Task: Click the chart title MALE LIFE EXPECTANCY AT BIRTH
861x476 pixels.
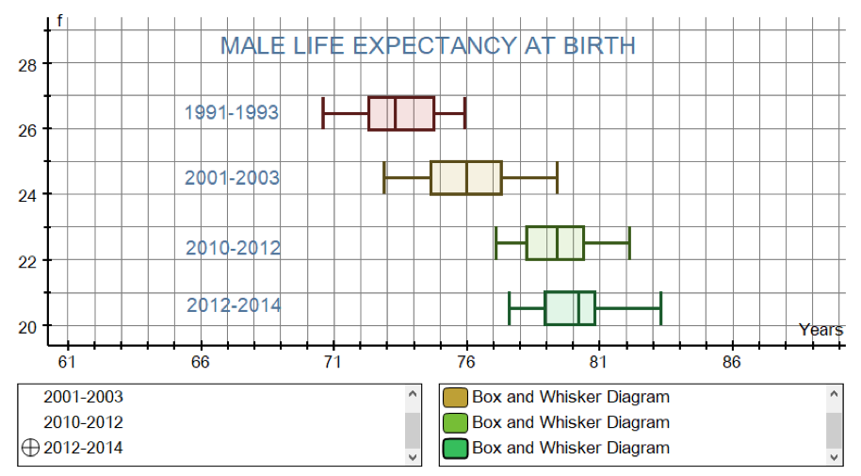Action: point(428,45)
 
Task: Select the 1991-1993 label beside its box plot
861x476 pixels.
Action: point(232,112)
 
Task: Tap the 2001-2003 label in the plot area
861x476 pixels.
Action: point(232,177)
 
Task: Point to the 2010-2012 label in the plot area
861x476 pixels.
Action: point(233,248)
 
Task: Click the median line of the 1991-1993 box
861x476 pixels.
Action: point(396,113)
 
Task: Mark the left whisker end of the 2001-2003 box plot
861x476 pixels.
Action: point(384,178)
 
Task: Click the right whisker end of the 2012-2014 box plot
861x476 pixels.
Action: point(661,308)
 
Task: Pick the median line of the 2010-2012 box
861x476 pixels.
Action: point(557,243)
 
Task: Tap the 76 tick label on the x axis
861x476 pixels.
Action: point(465,362)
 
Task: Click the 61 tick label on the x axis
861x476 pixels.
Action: point(67,362)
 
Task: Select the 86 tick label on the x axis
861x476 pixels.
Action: point(731,362)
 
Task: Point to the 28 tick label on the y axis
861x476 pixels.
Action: point(27,65)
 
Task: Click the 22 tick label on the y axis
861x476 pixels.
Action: point(27,262)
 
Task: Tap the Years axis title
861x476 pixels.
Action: point(820,329)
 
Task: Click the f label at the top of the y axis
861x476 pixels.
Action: point(60,22)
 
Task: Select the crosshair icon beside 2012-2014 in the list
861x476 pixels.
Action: point(31,448)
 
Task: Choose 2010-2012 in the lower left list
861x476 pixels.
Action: point(84,422)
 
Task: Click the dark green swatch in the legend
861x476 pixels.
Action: point(455,448)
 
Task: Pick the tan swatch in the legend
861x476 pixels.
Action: point(455,397)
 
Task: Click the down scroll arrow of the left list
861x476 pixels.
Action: point(413,457)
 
